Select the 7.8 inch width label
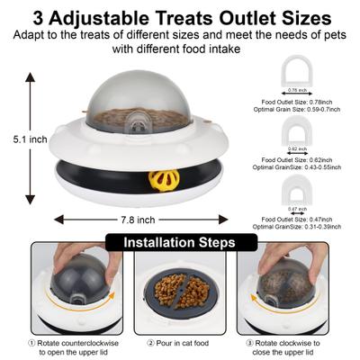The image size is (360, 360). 132,220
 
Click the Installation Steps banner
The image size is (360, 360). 179,243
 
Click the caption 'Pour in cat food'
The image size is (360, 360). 179,342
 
